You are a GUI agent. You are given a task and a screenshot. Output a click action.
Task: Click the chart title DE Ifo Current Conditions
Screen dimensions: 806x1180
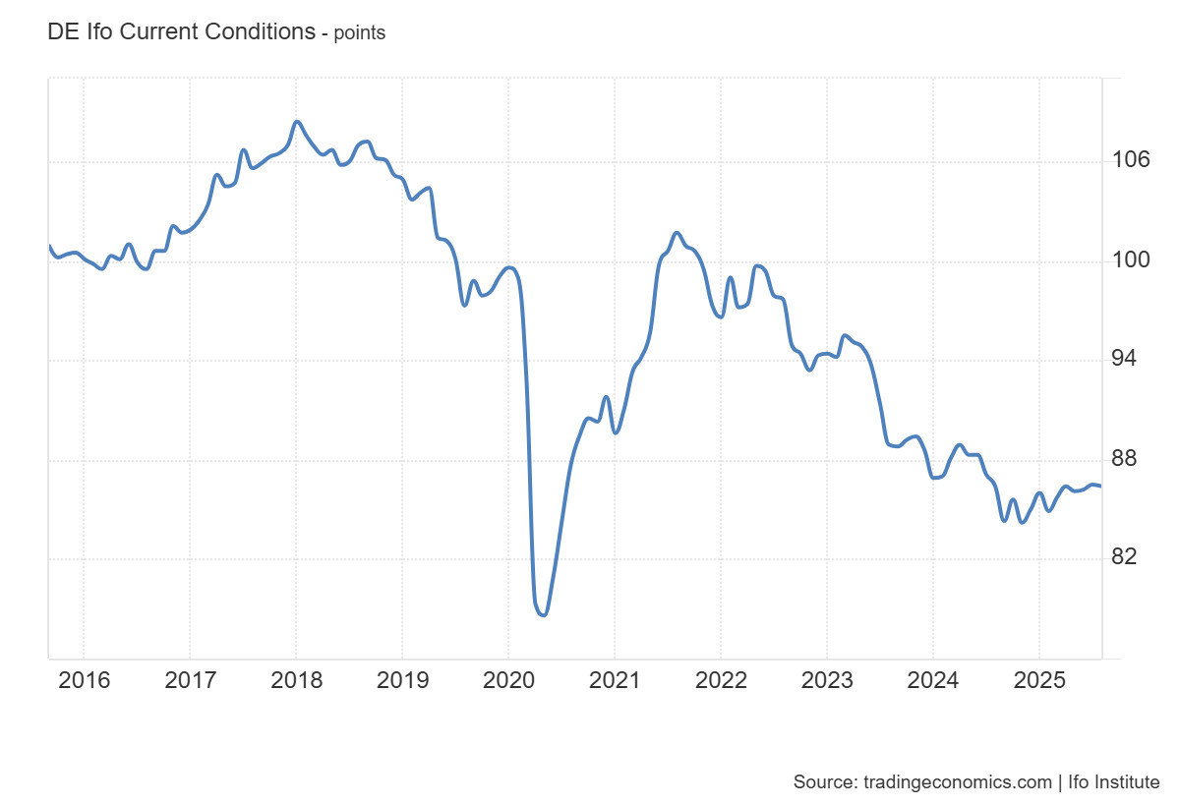tap(181, 31)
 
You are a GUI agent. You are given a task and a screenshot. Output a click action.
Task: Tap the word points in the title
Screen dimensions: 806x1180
tap(360, 33)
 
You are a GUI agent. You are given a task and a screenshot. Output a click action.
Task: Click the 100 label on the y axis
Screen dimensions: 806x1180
tap(1131, 259)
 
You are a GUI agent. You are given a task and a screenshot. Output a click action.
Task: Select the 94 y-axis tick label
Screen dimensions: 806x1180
tap(1131, 358)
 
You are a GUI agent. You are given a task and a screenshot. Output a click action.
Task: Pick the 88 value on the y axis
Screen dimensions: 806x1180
tap(1131, 458)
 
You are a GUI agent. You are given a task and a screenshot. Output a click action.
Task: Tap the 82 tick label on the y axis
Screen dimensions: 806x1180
tap(1131, 556)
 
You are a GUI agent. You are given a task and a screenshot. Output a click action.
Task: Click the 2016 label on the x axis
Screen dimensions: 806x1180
tap(84, 680)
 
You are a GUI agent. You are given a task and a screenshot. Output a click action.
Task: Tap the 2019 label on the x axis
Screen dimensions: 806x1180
tap(401, 680)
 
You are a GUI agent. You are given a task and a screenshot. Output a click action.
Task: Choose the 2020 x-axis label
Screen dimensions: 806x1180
tap(507, 680)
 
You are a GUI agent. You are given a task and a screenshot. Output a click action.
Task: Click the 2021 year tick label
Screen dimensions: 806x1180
tap(614, 680)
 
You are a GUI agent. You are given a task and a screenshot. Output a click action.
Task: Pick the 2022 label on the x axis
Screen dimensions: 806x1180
tap(720, 680)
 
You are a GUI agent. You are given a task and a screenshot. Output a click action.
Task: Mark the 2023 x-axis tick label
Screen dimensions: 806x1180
tap(826, 680)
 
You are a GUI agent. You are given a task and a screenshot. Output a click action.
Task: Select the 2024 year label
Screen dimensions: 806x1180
tap(932, 680)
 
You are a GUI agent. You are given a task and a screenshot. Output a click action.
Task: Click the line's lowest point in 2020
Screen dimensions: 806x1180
tap(543, 615)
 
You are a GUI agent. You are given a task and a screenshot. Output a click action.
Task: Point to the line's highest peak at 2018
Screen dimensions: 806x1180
tap(297, 122)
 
